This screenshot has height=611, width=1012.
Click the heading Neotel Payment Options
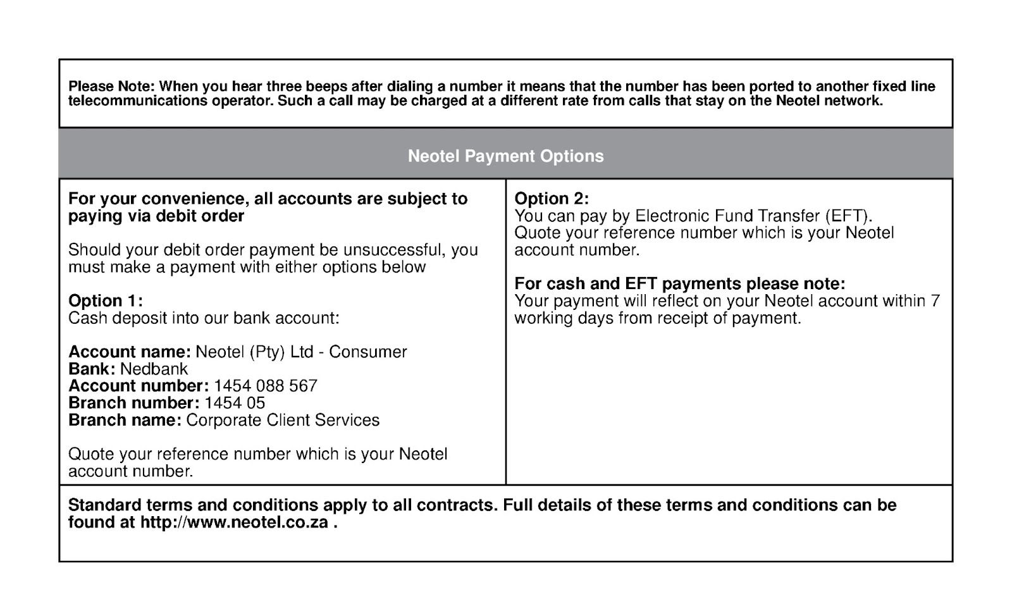click(505, 156)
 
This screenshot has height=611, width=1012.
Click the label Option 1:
click(106, 301)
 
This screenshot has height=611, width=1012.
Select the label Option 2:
click(552, 199)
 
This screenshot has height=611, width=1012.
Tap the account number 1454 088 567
click(266, 386)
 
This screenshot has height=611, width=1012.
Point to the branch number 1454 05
click(235, 403)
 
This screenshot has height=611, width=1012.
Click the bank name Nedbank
click(154, 369)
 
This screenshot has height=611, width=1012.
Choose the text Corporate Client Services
click(283, 420)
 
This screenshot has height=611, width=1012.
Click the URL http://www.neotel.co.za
click(234, 522)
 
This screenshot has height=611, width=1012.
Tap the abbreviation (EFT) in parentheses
click(844, 216)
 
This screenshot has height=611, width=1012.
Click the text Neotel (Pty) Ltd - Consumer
click(301, 352)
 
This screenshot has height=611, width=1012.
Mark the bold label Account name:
click(129, 352)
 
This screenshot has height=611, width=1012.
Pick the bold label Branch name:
click(125, 420)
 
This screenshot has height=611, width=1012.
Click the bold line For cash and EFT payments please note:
click(679, 283)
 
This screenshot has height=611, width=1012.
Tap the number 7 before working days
click(935, 300)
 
